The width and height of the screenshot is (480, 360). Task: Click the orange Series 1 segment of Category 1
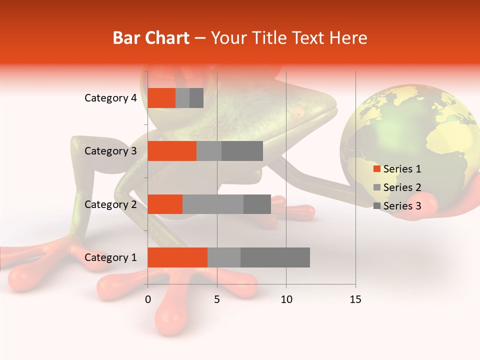click(177, 257)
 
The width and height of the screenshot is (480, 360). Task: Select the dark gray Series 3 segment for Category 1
click(275, 257)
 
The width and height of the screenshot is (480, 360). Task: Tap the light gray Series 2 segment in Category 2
click(213, 204)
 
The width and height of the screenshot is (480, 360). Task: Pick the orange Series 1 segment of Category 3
click(172, 151)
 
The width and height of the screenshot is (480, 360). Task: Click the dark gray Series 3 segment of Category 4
click(196, 98)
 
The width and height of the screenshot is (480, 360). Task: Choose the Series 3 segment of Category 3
click(242, 151)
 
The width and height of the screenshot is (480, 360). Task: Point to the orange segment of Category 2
click(165, 204)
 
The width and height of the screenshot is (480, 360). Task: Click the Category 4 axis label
click(110, 98)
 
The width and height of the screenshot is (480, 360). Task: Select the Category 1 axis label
click(110, 257)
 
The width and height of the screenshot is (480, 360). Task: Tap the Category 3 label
click(110, 151)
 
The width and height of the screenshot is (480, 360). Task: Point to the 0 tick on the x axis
click(148, 299)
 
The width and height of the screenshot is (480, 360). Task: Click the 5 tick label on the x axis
click(217, 299)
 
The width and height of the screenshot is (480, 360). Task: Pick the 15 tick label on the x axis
click(355, 299)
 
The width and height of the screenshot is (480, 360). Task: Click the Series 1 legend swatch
click(377, 169)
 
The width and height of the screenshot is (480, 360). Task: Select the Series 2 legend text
click(402, 187)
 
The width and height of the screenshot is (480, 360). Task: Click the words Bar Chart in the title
click(151, 38)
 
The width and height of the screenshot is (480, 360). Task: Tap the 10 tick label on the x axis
click(286, 299)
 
